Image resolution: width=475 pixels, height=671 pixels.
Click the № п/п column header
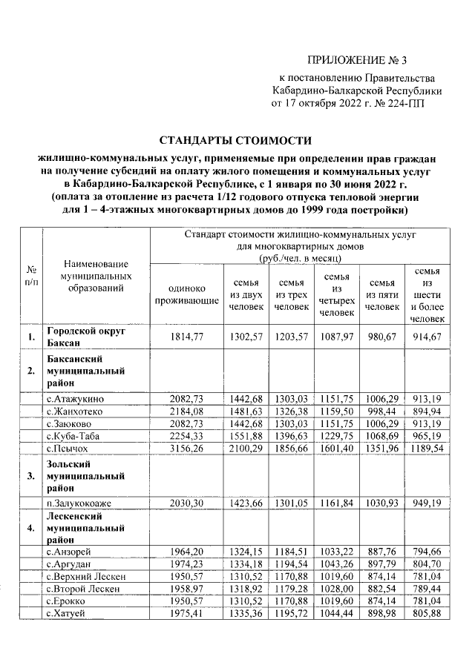tap(32, 275)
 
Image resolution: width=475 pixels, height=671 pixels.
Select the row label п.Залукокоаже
tap(82, 501)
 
